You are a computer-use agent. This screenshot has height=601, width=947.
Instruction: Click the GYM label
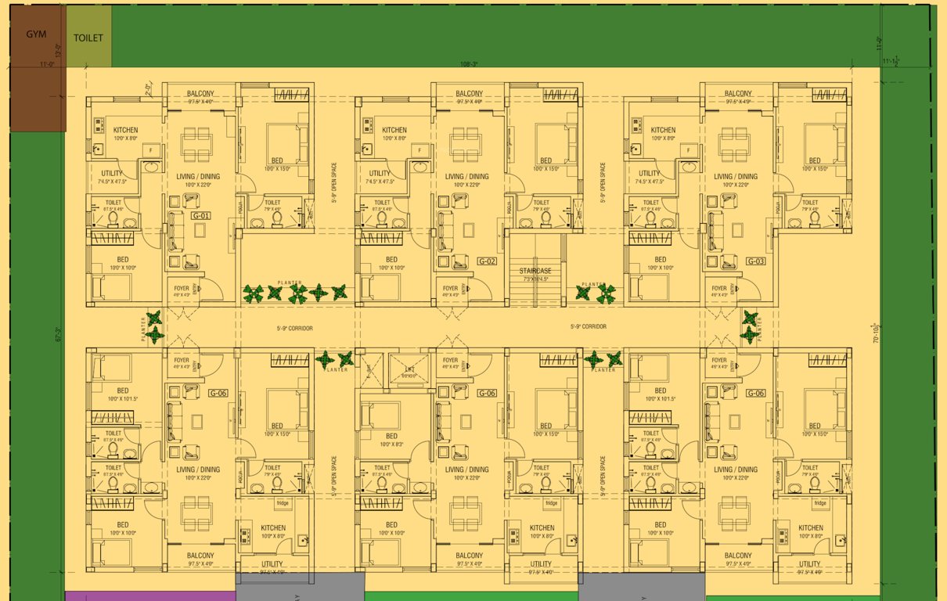[x=37, y=34]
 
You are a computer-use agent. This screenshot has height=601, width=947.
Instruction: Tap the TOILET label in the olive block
[x=88, y=38]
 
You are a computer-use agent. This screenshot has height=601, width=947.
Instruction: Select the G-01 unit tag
[x=201, y=215]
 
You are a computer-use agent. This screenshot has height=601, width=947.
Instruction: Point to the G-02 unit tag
[x=487, y=261]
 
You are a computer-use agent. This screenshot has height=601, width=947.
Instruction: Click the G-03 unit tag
[x=755, y=261]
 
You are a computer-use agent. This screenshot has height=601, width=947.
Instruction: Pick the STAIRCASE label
[x=535, y=270]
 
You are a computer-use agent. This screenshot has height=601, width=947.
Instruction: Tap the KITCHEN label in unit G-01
[x=126, y=130]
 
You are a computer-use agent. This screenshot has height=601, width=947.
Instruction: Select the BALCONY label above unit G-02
[x=470, y=93]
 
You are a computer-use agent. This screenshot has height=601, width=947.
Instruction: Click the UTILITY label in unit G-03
[x=649, y=174]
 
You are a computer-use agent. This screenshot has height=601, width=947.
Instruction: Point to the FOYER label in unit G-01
[x=182, y=288]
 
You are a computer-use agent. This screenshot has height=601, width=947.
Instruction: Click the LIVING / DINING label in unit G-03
[x=736, y=177]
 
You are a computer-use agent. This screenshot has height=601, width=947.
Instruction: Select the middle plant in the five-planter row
[x=297, y=293]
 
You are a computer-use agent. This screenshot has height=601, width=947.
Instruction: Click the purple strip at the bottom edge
[x=149, y=596]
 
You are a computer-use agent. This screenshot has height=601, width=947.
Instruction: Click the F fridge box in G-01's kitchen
[x=151, y=149]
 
